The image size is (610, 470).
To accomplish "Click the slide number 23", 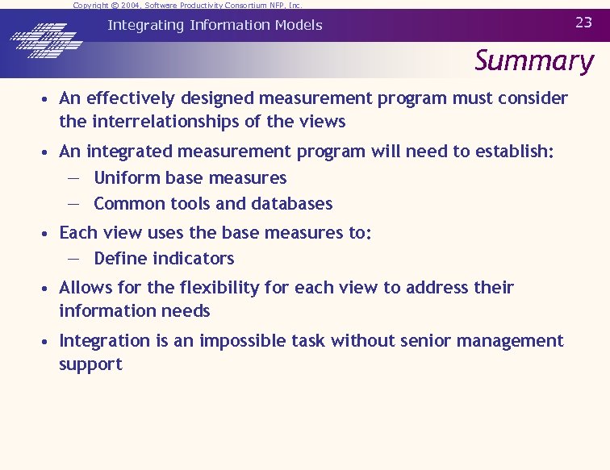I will click(583, 23).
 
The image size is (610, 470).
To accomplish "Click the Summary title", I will click(533, 60).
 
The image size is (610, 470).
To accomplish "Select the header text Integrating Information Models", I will click(215, 25).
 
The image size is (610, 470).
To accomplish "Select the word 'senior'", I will click(407, 341).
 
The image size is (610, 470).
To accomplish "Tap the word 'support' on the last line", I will click(90, 364).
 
